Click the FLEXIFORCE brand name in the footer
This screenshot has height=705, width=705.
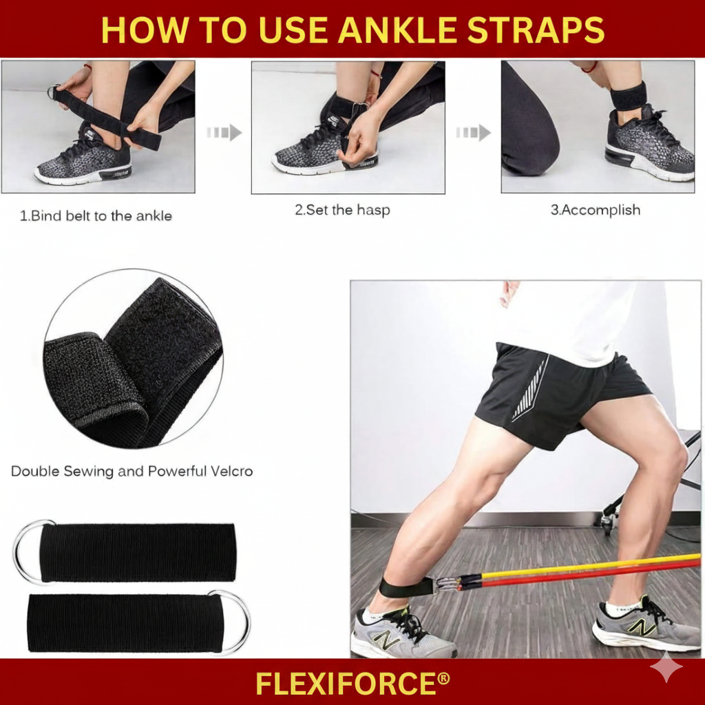pyautogui.click(x=352, y=684)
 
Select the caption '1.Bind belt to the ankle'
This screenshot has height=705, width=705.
pyautogui.click(x=96, y=215)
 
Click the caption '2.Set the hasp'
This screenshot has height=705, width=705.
pyautogui.click(x=342, y=210)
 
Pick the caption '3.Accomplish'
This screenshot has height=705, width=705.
pyautogui.click(x=595, y=210)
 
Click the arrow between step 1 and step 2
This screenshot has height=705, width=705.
pyautogui.click(x=224, y=132)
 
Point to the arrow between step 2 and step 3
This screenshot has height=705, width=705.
pyautogui.click(x=474, y=132)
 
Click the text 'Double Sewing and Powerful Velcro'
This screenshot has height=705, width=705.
pyautogui.click(x=131, y=472)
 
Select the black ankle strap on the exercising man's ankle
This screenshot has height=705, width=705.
pyautogui.click(x=406, y=587)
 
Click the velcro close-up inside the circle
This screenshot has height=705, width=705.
pyautogui.click(x=134, y=358)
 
